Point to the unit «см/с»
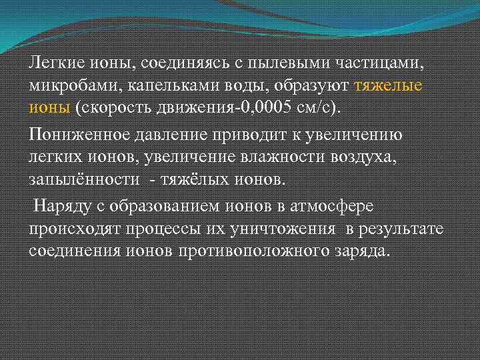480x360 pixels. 312,107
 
